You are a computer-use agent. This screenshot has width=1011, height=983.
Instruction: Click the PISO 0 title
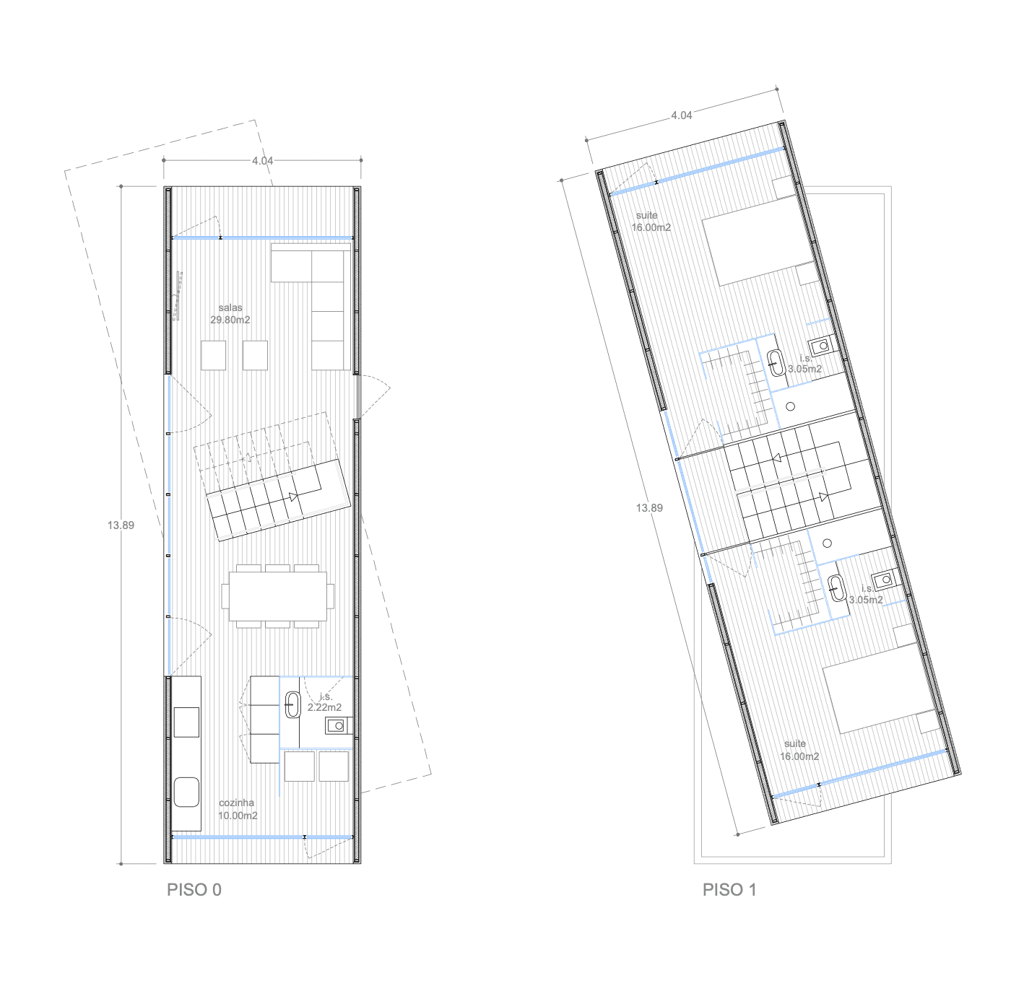coord(194,889)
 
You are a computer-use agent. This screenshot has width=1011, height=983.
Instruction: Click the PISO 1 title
coord(729,889)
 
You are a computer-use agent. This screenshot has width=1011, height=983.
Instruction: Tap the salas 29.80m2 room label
coord(230,314)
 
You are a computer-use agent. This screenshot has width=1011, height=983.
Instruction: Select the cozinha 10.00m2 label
coord(238,809)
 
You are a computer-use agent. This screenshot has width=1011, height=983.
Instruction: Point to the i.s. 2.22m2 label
coord(325,702)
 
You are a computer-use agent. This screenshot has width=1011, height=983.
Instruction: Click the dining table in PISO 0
coord(278,597)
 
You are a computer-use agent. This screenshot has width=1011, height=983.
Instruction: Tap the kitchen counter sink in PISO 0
coord(186,792)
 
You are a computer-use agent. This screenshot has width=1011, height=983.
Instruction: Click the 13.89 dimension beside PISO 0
coord(121,525)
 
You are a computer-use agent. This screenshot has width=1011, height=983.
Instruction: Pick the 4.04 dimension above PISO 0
coord(262,161)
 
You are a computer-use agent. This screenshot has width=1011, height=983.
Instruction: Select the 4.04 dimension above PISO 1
coord(681,115)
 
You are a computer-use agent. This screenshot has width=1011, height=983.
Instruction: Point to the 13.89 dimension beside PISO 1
coord(649,508)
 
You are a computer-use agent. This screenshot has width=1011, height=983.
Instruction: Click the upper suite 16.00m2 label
coord(651,222)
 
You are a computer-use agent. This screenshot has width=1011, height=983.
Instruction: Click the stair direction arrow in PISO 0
coord(294,497)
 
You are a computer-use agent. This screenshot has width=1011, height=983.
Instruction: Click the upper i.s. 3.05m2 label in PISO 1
coord(804,364)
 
